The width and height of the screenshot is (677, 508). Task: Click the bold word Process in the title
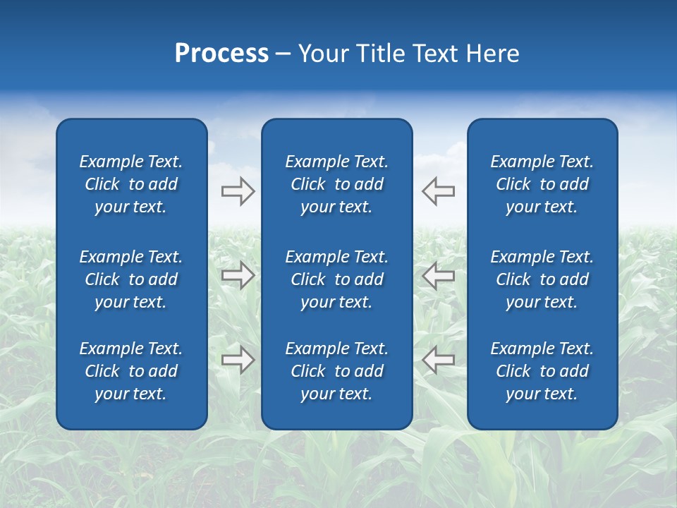(221, 54)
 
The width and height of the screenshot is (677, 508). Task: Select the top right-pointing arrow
(238, 191)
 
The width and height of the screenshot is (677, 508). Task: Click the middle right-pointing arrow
(238, 275)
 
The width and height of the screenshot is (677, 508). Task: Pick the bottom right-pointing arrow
(238, 360)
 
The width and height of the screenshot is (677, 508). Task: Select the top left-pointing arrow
(438, 191)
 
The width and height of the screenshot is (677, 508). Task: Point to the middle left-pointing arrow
(438, 275)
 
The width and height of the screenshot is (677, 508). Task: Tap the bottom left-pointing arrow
(438, 360)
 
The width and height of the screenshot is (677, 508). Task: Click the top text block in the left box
(131, 184)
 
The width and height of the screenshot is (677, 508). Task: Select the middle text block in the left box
(131, 279)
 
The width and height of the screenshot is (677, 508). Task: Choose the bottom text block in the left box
(131, 371)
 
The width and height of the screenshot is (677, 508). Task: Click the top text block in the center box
(336, 184)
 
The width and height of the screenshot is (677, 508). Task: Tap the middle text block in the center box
(336, 279)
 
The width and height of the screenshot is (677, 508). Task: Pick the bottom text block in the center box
(336, 371)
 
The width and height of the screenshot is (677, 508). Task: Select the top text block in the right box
(542, 184)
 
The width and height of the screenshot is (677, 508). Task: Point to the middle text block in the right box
(542, 279)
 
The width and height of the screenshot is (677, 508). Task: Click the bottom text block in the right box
(542, 371)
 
